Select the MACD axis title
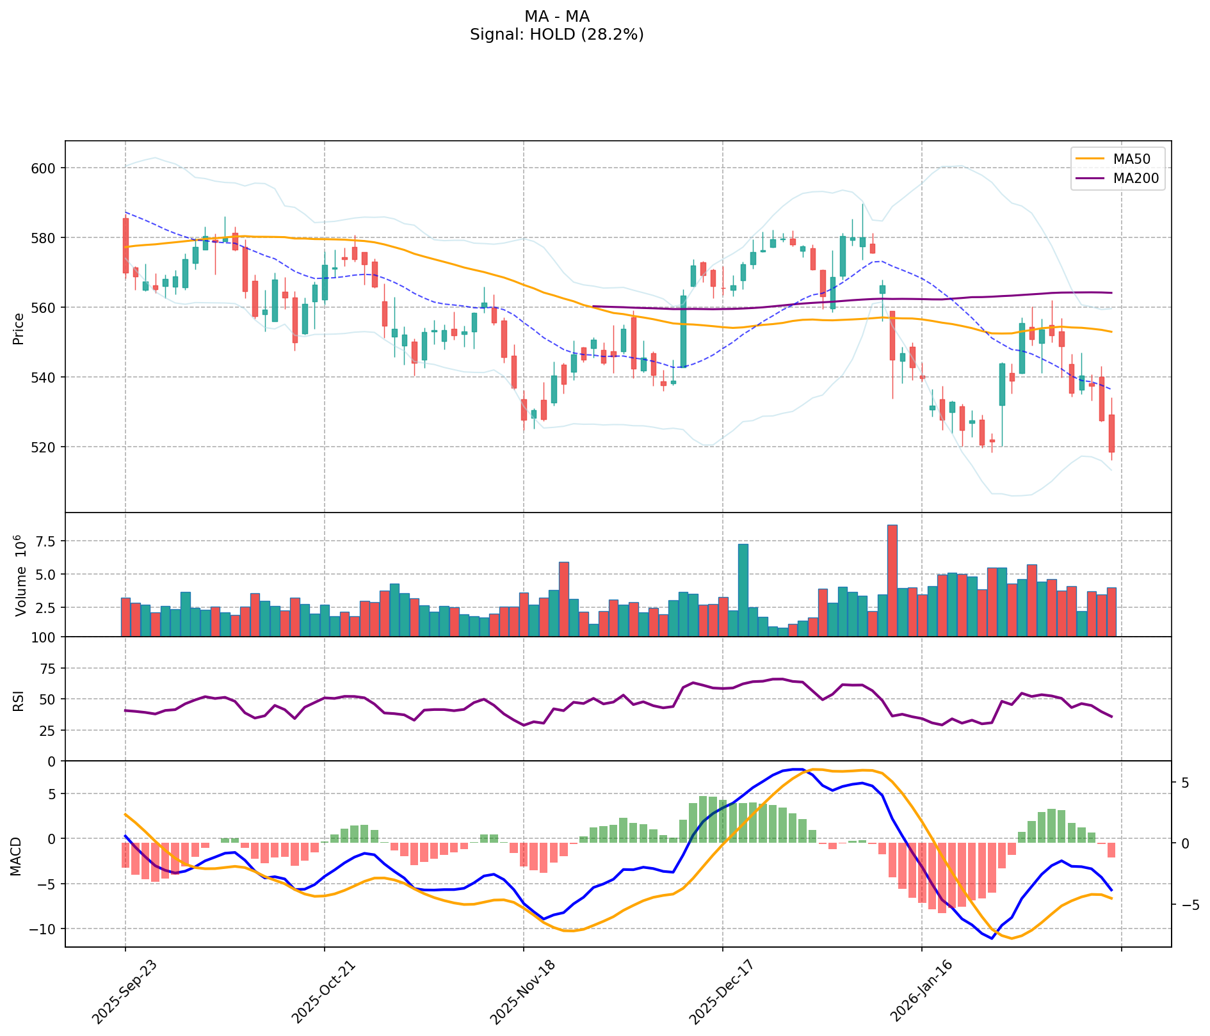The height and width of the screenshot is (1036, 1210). point(16,856)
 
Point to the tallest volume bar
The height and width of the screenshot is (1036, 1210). point(892,580)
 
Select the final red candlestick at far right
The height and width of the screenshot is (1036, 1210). point(1111,434)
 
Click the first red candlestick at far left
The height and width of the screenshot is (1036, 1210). point(125,246)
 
